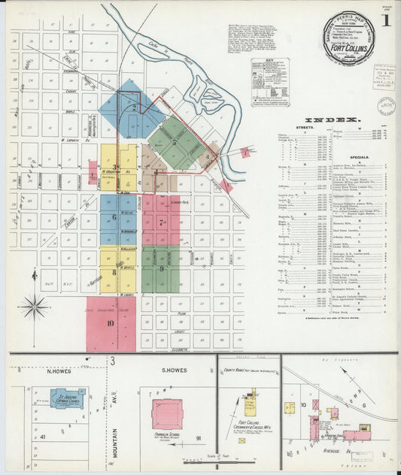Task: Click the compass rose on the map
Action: tap(35, 307)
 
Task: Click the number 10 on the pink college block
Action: tap(110, 324)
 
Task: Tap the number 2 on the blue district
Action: tap(134, 107)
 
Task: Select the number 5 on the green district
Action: tap(175, 141)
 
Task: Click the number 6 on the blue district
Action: tap(114, 217)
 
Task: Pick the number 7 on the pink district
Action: tap(161, 222)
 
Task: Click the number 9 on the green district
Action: tap(161, 268)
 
